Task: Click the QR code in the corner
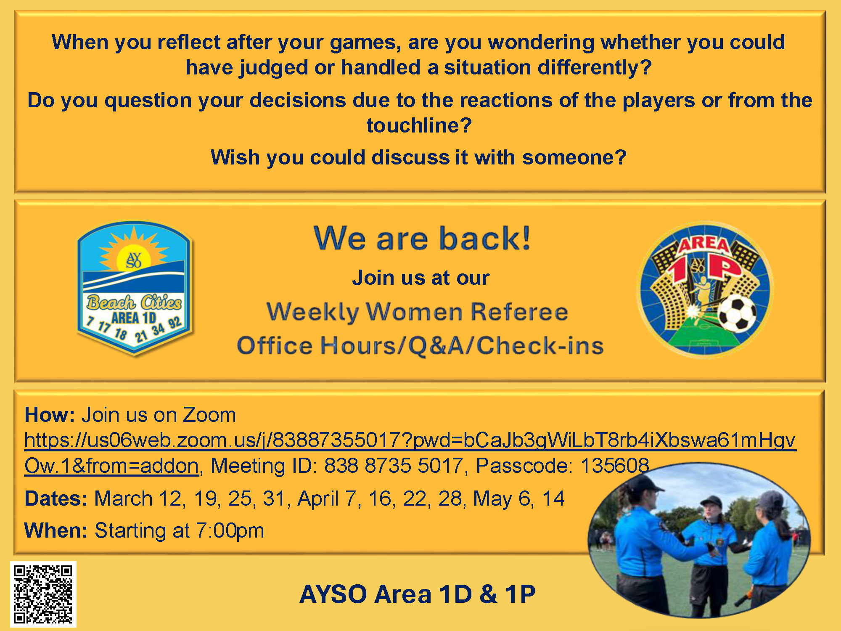(x=43, y=594)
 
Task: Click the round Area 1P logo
(x=705, y=289)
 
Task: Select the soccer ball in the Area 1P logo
(x=737, y=313)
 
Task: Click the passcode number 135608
(x=615, y=466)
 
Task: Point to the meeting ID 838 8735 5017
(x=393, y=466)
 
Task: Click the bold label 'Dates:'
(x=56, y=498)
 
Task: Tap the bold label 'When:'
(x=56, y=530)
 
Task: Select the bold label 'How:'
(x=50, y=415)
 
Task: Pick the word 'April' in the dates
(x=318, y=499)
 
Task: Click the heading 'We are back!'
(x=422, y=238)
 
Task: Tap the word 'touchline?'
(x=419, y=125)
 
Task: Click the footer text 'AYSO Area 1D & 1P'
(x=418, y=594)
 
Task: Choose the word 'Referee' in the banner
(x=519, y=312)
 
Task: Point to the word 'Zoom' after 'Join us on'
(x=209, y=415)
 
